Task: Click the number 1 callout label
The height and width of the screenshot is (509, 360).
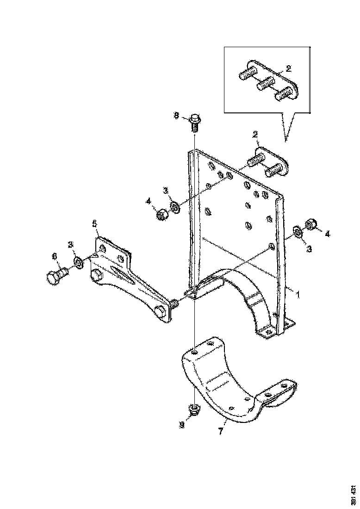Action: point(298,294)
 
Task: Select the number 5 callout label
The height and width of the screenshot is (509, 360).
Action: point(94,224)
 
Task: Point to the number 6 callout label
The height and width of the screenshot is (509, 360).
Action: point(54,255)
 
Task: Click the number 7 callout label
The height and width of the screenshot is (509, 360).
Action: point(221,431)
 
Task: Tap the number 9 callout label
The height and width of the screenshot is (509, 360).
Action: point(182,424)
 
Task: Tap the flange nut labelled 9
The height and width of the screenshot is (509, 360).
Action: point(194,409)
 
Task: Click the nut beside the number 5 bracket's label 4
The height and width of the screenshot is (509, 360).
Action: point(162,214)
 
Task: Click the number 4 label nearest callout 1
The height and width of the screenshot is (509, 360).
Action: point(327,234)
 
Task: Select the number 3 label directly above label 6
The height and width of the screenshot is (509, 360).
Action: point(71,244)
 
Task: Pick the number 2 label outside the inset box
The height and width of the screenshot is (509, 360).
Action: point(254,135)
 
